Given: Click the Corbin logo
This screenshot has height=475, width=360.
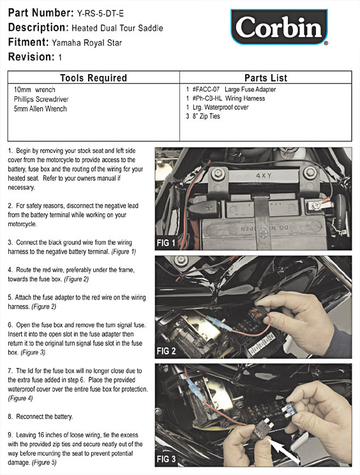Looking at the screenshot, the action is click(279, 27).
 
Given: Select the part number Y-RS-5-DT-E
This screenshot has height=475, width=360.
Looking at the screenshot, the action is click(100, 13).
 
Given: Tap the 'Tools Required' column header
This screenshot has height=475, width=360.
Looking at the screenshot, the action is click(94, 78).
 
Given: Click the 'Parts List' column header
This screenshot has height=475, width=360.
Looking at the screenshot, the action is click(266, 78).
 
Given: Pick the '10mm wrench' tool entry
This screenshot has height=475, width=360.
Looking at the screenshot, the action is click(34, 89).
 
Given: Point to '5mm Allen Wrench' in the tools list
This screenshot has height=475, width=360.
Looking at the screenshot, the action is click(40, 109).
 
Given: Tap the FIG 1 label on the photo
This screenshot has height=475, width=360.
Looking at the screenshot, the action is click(166, 243).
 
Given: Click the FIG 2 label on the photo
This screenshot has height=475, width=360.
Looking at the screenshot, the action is click(166, 351).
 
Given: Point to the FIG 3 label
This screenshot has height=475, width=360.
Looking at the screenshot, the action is click(166, 459).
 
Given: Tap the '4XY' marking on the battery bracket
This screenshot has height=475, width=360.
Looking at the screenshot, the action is click(264, 176).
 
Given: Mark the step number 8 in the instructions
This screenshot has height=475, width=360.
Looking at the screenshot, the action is click(11, 416).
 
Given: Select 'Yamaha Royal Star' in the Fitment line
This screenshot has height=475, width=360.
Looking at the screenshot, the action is click(87, 43).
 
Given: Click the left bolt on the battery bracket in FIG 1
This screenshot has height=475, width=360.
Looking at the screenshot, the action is click(218, 174).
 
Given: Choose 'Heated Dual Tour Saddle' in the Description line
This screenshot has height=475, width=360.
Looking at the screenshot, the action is click(117, 28).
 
